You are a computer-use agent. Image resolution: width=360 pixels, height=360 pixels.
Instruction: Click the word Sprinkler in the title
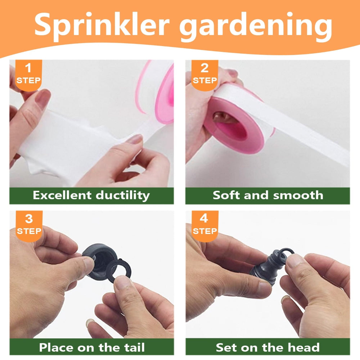point(102,25)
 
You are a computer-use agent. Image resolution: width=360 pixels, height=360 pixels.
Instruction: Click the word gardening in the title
point(256,26)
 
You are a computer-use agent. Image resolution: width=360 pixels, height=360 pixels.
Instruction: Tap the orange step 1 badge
point(28,75)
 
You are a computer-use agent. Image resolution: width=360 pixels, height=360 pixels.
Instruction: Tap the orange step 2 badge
point(204,75)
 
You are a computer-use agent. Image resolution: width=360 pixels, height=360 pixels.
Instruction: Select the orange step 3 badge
point(29,226)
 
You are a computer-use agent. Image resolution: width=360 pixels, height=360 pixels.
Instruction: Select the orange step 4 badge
point(205,226)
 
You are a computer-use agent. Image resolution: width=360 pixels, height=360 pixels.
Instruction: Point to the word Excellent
point(62,195)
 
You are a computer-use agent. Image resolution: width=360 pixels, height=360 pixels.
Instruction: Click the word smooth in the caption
point(298,195)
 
